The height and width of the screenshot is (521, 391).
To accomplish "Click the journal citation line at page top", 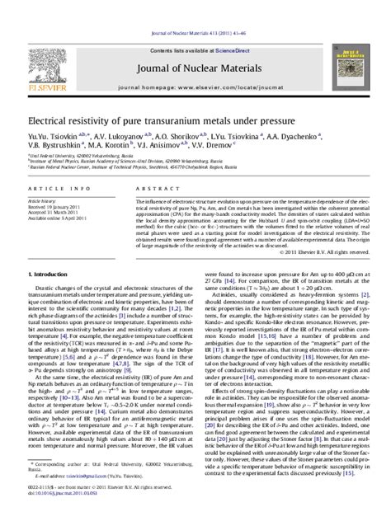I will pyautogui.click(x=195, y=8).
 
